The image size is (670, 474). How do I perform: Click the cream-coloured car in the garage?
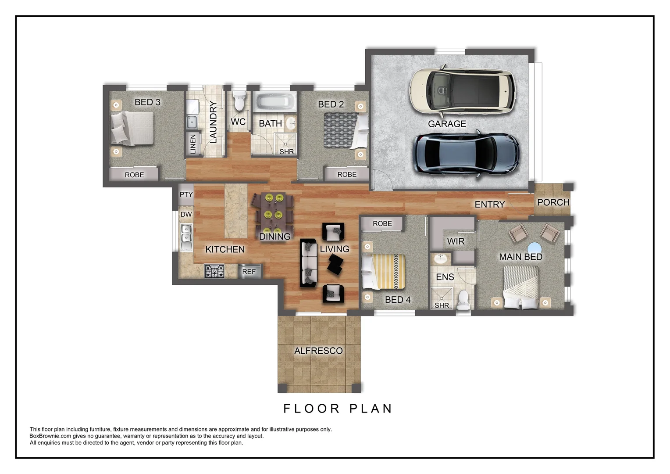[462, 91]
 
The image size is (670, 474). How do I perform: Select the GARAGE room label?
[447, 124]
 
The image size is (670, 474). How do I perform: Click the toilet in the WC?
[239, 101]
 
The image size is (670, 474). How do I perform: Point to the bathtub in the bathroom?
[274, 101]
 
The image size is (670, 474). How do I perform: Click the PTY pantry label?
[186, 194]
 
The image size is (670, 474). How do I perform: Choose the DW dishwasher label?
[186, 214]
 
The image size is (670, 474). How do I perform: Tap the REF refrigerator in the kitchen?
[249, 271]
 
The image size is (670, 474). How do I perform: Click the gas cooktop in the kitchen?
[214, 271]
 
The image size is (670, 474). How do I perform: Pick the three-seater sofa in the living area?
[309, 263]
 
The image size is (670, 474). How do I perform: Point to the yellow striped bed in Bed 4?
[384, 272]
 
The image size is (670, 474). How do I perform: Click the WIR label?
[456, 241]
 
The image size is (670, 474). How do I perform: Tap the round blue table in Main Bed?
[535, 248]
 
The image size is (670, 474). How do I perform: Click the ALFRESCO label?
[318, 351]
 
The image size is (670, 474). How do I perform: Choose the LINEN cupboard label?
[193, 144]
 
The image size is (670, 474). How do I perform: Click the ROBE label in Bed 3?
[134, 175]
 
